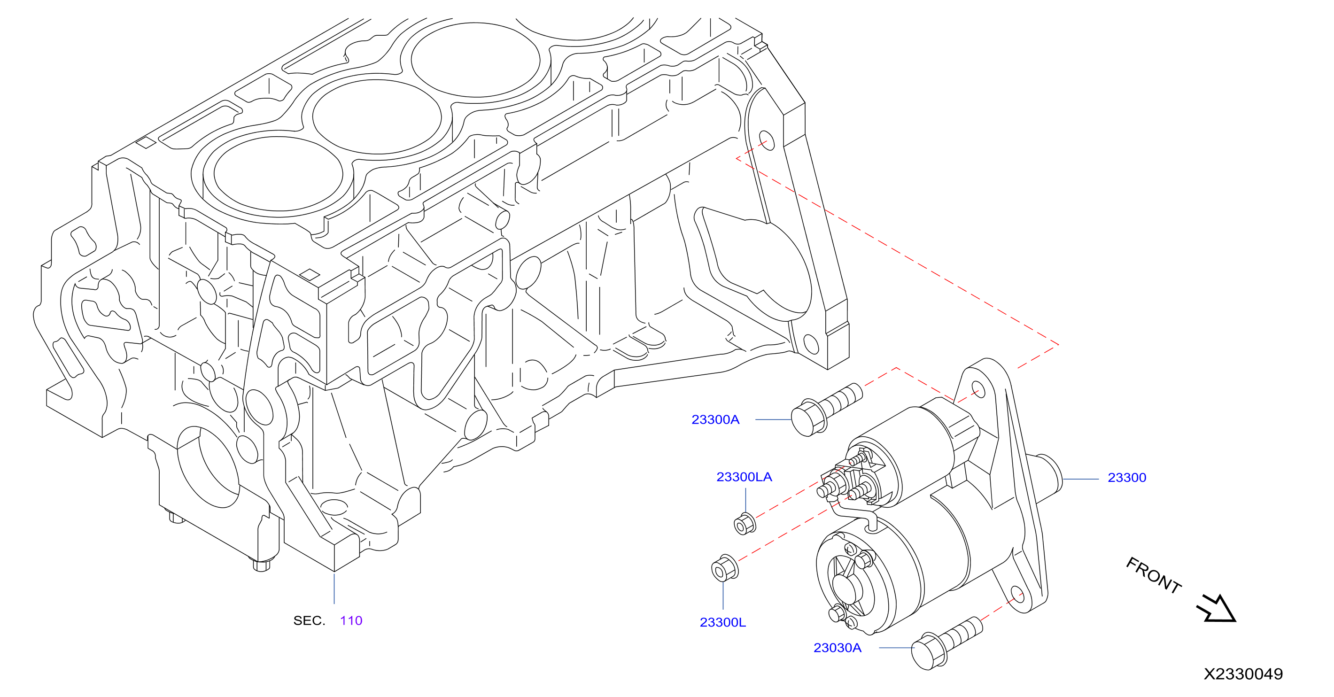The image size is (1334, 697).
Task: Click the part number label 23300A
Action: coord(715,419)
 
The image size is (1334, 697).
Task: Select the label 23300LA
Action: coord(744,477)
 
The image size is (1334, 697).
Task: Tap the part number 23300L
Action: coord(722,622)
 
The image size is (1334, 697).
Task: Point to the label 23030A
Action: coord(838,648)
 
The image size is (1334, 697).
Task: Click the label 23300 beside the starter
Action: coord(1127,478)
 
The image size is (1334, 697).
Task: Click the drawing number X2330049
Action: coord(1243,674)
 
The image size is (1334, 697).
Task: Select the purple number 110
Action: coord(351,620)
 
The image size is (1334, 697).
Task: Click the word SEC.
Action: coord(309,620)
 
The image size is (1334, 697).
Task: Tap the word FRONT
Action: coord(1154,575)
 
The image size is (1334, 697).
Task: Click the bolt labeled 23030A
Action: coord(946,643)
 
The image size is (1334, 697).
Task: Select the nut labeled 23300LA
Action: coord(745,524)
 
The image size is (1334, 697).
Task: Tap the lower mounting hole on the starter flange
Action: coord(1017,595)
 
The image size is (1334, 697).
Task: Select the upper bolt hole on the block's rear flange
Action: coord(767,140)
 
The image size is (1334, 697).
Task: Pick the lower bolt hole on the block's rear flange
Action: coord(811,344)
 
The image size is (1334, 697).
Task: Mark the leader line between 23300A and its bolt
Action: coord(773,419)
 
